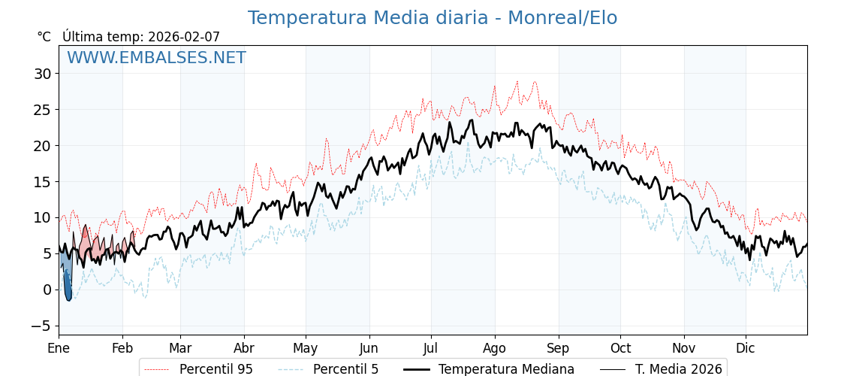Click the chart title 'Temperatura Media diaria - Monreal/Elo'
pyautogui.click(x=432, y=18)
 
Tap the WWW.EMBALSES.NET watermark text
pyautogui.click(x=156, y=58)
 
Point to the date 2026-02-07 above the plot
pyautogui.click(x=184, y=37)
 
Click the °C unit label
pyautogui.click(x=44, y=37)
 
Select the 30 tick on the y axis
pyautogui.click(x=42, y=74)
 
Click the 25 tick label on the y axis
pyautogui.click(x=42, y=110)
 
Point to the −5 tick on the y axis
pyautogui.click(x=42, y=326)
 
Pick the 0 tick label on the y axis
pyautogui.click(x=47, y=290)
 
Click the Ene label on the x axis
pyautogui.click(x=59, y=348)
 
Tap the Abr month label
pyautogui.click(x=244, y=348)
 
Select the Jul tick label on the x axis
pyautogui.click(x=431, y=348)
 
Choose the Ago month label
pyautogui.click(x=494, y=348)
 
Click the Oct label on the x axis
pyautogui.click(x=620, y=348)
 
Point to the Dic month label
pyautogui.click(x=746, y=348)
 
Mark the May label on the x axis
pyautogui.click(x=306, y=348)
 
